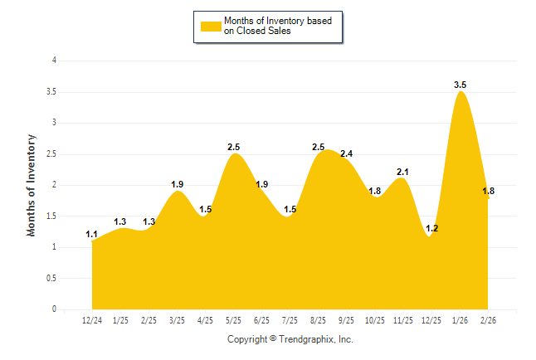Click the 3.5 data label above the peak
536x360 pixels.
pos(460,85)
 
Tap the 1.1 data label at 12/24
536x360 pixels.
pos(92,235)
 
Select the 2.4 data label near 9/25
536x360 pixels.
pos(347,153)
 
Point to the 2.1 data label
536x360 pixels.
pos(403,172)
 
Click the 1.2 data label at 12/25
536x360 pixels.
pos(431,228)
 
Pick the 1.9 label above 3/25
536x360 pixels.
pos(177,184)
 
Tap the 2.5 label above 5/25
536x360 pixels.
pos(233,147)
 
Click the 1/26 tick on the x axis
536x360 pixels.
pos(460,319)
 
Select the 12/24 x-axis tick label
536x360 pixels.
pos(92,319)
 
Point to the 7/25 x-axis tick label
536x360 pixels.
pos(290,319)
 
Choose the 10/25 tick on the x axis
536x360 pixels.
pos(375,319)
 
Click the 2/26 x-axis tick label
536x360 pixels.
pos(488,319)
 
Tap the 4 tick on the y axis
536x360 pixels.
pos(54,61)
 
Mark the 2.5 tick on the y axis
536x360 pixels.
pos(51,153)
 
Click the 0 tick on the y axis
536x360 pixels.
pos(54,309)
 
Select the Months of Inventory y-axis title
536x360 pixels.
pos(32,185)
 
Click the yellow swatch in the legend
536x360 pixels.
pos(211,27)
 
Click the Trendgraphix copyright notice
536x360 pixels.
pos(290,339)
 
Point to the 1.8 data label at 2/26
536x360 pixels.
pos(489,191)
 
